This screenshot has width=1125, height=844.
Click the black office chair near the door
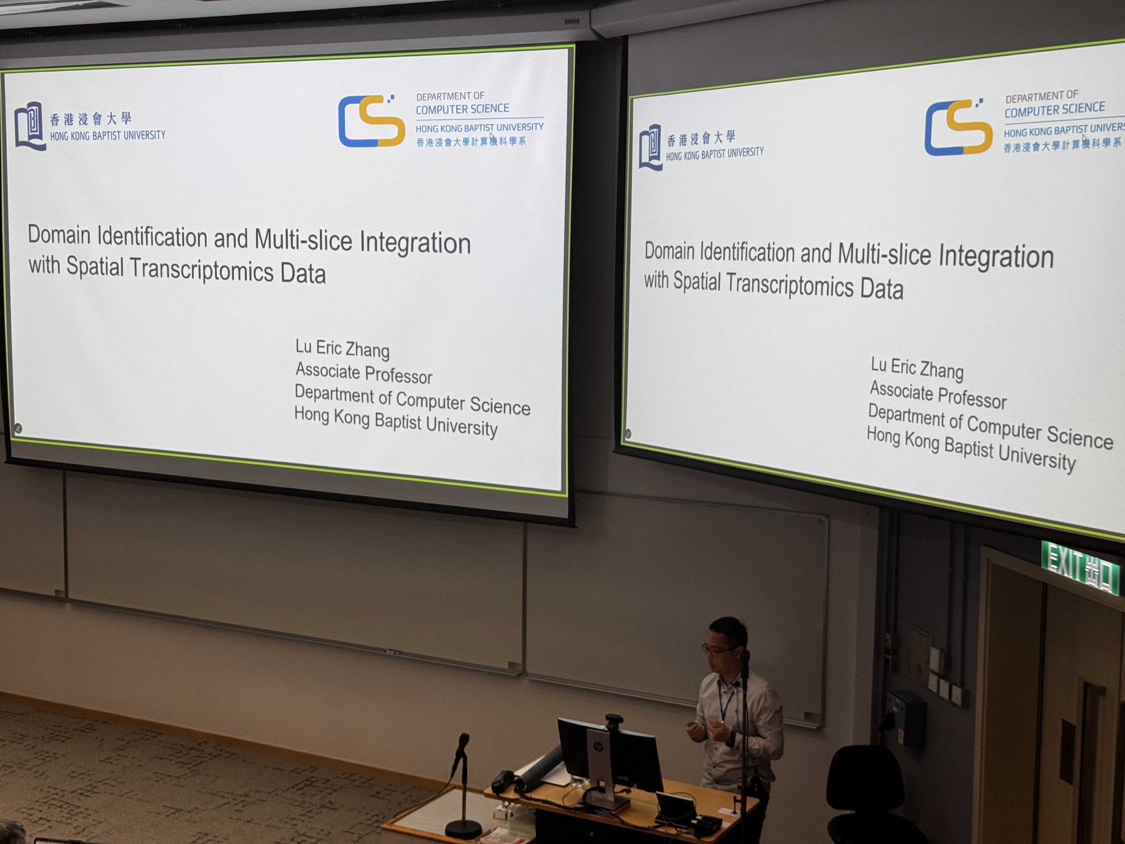click(865, 794)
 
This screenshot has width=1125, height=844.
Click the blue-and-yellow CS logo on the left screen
click(371, 121)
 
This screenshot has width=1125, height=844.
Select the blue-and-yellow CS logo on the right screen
click(958, 127)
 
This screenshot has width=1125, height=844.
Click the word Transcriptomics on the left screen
click(202, 268)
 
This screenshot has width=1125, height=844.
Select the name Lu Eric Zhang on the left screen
click(342, 349)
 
